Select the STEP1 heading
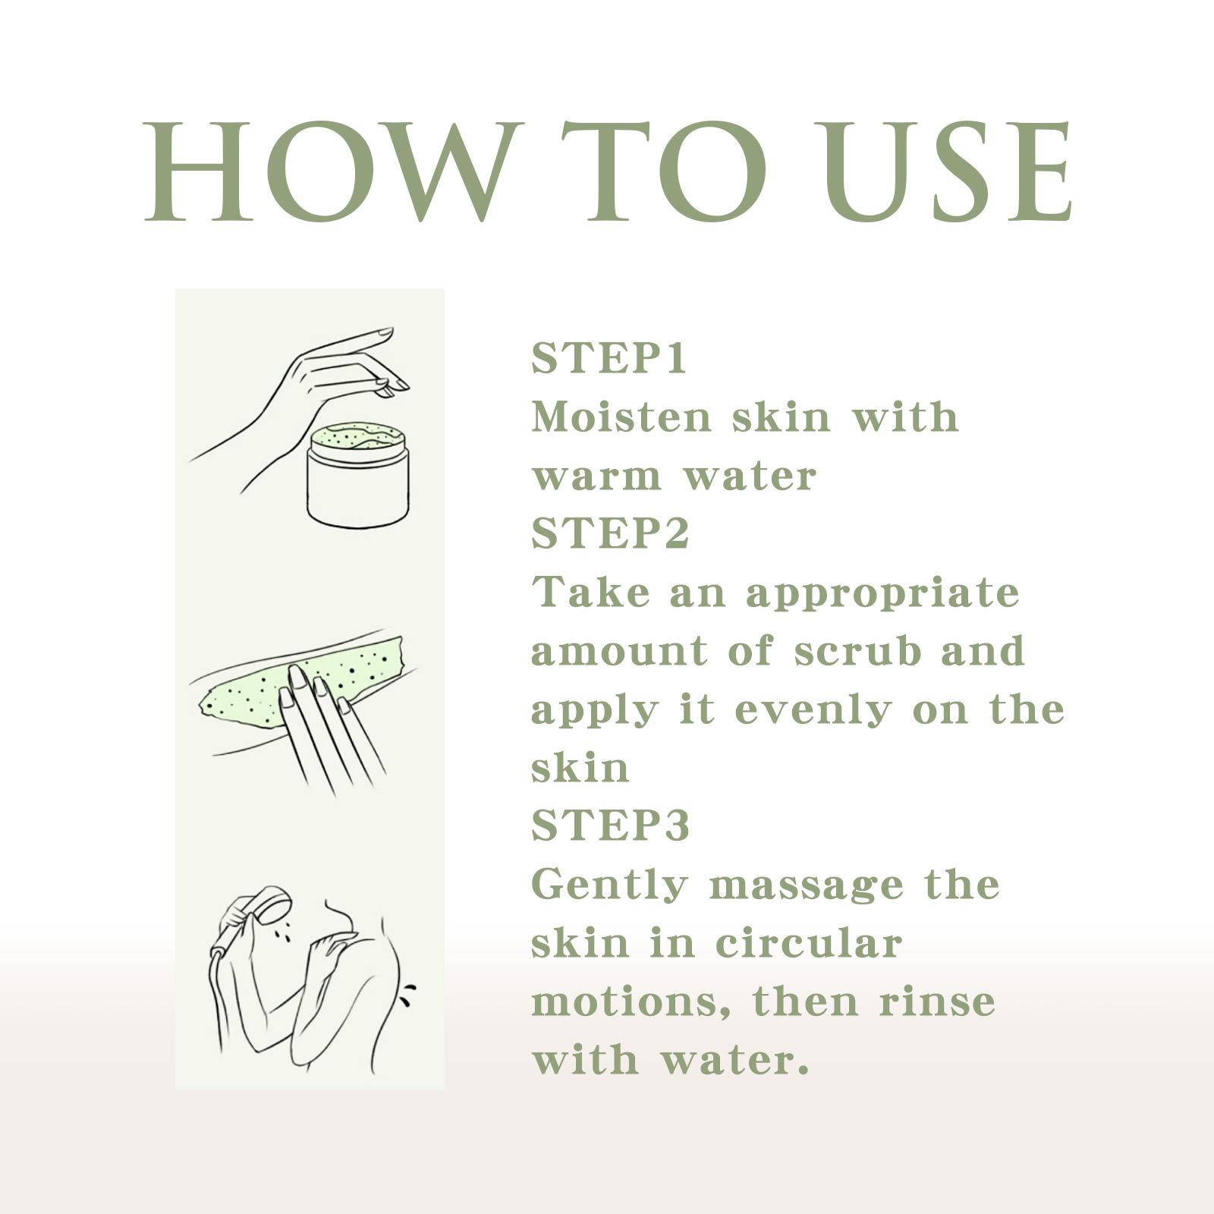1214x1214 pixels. coord(609,359)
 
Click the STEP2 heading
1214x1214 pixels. coord(610,533)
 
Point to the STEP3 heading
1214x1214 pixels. coord(610,826)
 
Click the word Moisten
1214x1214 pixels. coord(621,417)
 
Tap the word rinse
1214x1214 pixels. coord(937,1002)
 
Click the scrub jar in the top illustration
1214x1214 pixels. coord(357,474)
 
